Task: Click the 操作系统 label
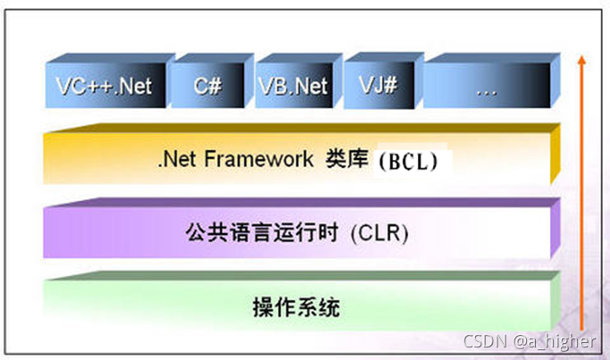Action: click(295, 308)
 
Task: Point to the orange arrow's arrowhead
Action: click(581, 61)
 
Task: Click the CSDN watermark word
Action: click(484, 341)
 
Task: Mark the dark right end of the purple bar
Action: click(555, 230)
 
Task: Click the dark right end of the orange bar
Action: click(555, 157)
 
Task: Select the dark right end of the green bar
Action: click(555, 304)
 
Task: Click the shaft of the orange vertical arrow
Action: click(581, 197)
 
